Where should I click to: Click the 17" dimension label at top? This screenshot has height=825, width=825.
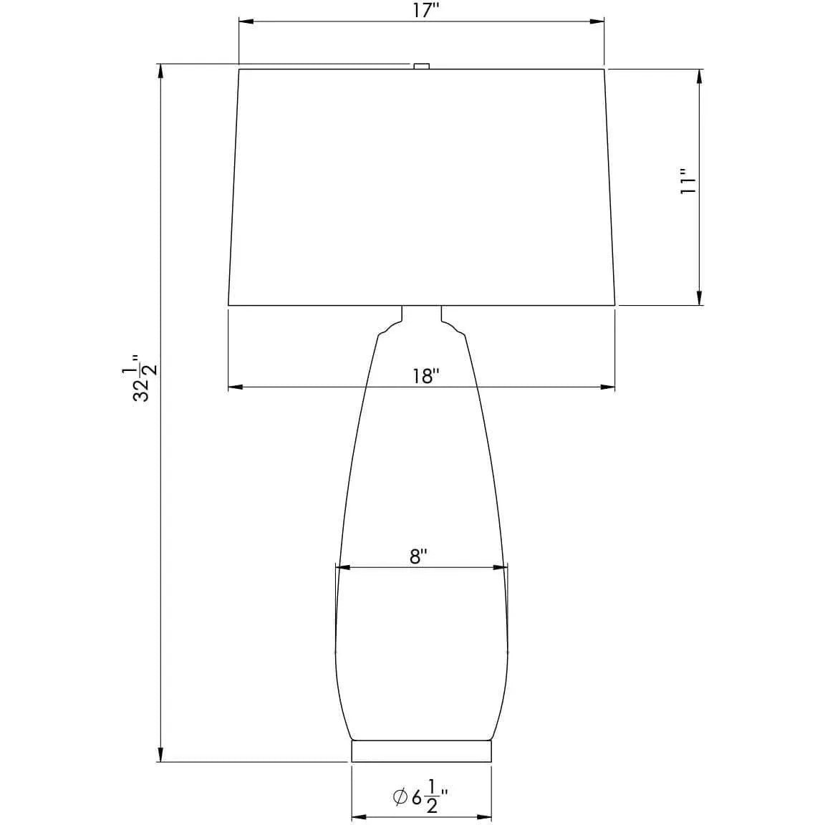425,11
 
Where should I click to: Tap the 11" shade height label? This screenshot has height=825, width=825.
688,182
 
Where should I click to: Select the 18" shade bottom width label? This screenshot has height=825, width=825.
425,377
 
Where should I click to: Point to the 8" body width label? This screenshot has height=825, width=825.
419,556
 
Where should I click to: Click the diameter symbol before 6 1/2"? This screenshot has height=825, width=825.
400,796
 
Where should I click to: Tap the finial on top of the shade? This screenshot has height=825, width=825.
421,66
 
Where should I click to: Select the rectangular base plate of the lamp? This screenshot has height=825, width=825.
421,751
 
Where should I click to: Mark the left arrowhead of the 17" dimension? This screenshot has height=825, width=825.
244,22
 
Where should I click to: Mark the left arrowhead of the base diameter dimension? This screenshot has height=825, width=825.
357,817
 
